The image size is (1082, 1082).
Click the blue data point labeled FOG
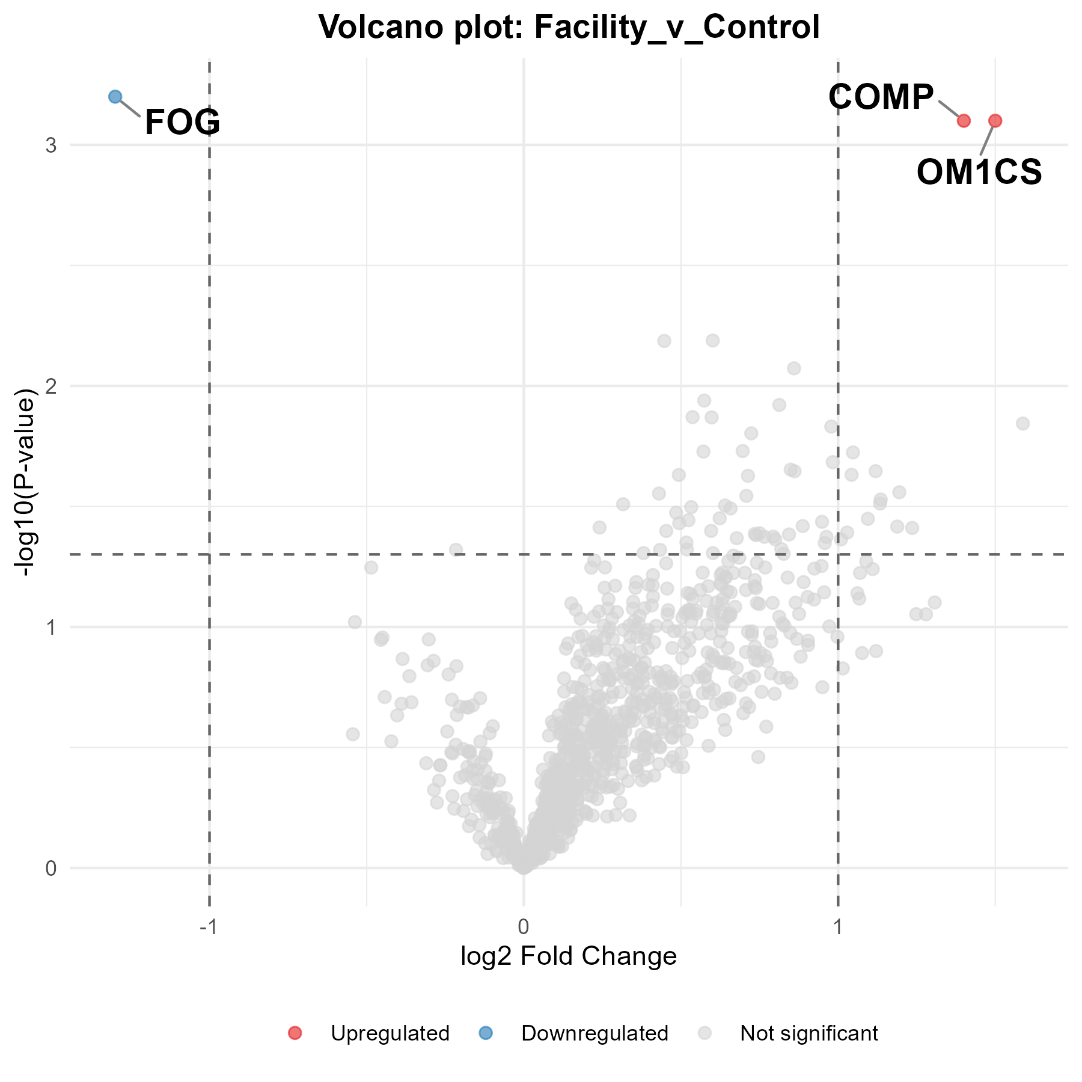click(115, 97)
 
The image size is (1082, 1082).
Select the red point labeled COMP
click(964, 121)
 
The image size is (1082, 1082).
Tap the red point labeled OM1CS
click(995, 121)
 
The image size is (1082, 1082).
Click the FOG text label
click(183, 122)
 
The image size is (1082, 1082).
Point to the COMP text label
click(881, 97)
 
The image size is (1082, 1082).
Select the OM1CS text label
click(979, 173)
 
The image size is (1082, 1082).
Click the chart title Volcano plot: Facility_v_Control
click(569, 27)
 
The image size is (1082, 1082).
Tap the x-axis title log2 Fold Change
click(569, 955)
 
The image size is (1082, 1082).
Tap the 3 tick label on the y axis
click(50, 145)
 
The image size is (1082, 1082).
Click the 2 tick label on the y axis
click(50, 387)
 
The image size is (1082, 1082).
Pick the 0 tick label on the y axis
click(50, 869)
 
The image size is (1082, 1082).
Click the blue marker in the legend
click(486, 1033)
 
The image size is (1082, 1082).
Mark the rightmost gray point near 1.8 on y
click(1022, 424)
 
